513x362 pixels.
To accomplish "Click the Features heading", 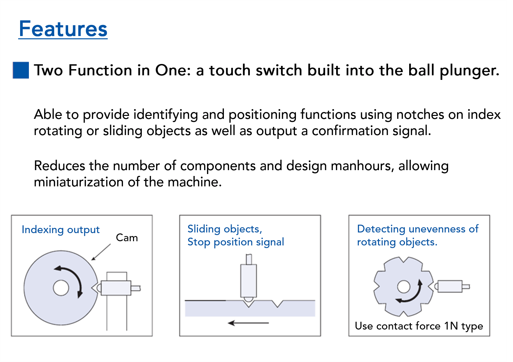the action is click(x=63, y=29).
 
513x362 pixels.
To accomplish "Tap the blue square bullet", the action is click(x=21, y=70).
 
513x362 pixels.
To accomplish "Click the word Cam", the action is click(x=127, y=238).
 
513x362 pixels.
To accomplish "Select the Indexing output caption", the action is click(x=61, y=230).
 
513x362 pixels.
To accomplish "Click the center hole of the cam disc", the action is click(x=61, y=288).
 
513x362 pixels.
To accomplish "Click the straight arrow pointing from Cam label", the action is click(x=101, y=252).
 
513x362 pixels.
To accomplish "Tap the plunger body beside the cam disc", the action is click(x=116, y=288).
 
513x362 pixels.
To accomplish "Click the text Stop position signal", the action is click(x=236, y=242).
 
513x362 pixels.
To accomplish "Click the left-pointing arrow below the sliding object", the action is click(x=248, y=323).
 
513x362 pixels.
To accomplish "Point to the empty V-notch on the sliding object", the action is click(x=277, y=304).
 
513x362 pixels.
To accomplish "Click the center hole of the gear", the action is click(x=404, y=287).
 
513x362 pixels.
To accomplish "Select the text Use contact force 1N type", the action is click(x=419, y=326).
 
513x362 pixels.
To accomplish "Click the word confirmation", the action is click(x=350, y=131).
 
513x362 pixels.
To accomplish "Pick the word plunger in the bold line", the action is click(x=469, y=70).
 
